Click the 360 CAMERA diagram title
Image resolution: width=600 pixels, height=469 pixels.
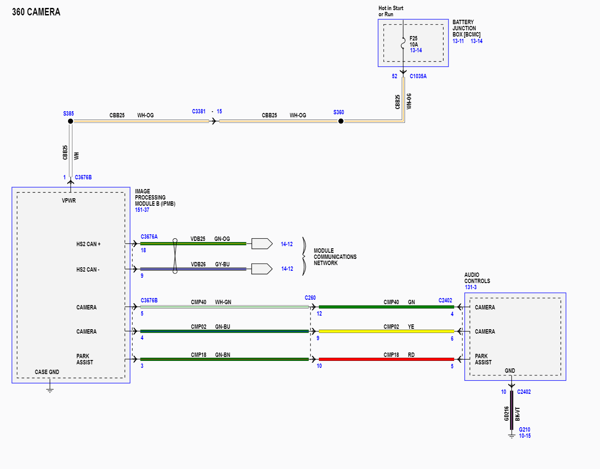click(36, 12)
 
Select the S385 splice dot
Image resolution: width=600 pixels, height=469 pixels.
click(70, 121)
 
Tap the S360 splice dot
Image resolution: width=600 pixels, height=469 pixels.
click(341, 121)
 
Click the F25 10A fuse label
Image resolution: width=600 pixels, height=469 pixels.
click(413, 41)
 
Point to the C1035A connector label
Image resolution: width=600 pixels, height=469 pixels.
click(418, 76)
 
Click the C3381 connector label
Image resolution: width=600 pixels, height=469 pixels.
click(199, 111)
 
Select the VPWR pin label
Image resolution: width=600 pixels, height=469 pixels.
click(69, 200)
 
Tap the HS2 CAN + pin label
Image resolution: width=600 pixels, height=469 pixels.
click(88, 244)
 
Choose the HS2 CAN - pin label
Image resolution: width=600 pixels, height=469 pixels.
click(88, 269)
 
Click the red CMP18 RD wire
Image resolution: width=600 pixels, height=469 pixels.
click(386, 360)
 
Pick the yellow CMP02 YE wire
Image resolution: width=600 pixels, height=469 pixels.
click(386, 331)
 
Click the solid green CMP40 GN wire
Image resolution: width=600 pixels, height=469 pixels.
click(386, 307)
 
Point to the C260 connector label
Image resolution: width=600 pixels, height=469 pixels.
click(310, 298)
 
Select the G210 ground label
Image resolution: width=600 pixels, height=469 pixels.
click(524, 429)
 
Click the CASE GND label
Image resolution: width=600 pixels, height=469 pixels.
click(47, 372)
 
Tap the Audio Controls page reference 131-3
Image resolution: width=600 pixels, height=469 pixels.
click(470, 287)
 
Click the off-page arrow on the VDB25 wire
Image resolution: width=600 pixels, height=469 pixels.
click(262, 244)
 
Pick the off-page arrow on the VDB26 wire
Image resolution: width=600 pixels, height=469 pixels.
click(262, 269)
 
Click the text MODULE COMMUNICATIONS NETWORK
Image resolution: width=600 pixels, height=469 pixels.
click(335, 257)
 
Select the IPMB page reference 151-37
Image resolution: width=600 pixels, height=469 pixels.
click(142, 210)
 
